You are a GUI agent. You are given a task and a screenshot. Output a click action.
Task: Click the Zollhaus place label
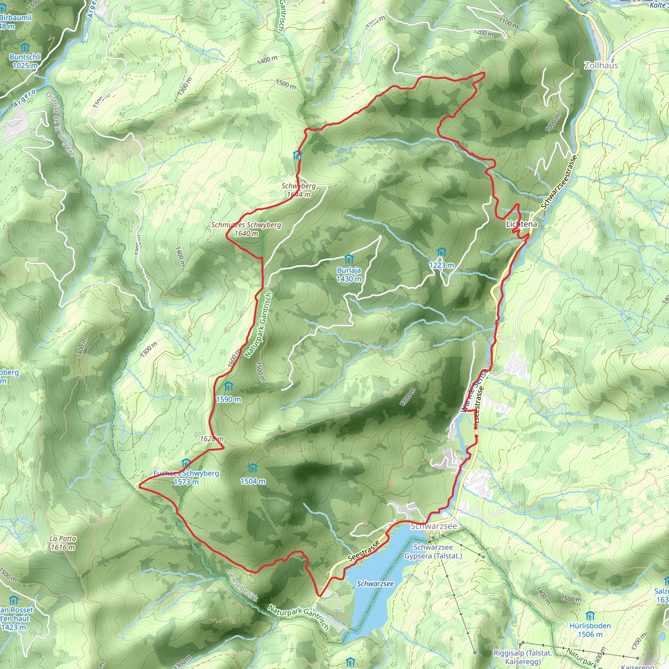point(601,65)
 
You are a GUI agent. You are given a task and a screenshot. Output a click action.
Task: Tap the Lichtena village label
point(521,224)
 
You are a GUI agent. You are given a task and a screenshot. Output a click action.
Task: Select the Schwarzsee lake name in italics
point(375,584)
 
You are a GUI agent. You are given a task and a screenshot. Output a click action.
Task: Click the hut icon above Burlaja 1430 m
point(349,259)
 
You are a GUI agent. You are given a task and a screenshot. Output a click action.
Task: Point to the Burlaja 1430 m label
point(349,274)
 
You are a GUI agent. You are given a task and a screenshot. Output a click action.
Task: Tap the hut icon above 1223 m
point(441,252)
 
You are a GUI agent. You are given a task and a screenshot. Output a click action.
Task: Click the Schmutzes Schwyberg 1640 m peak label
point(246,229)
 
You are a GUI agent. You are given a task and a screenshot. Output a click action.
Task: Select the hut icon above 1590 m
point(228,386)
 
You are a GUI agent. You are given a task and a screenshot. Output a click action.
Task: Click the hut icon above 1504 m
point(253,468)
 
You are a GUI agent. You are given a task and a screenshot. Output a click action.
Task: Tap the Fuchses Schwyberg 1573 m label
point(186,478)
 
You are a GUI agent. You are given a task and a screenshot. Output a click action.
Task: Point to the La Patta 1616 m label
point(63,543)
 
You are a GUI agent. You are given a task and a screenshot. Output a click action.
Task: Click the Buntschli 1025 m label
point(25,61)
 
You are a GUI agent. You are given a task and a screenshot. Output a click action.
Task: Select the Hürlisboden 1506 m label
point(590,630)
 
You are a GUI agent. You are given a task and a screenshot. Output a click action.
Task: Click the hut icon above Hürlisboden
point(590,616)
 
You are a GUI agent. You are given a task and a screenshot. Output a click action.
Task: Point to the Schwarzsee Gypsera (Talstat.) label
point(433,552)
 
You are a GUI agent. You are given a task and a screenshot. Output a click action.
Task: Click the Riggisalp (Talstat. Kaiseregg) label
point(523,657)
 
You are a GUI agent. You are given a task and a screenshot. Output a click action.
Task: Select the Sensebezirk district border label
point(243,586)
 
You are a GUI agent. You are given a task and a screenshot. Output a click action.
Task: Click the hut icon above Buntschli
point(25,47)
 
